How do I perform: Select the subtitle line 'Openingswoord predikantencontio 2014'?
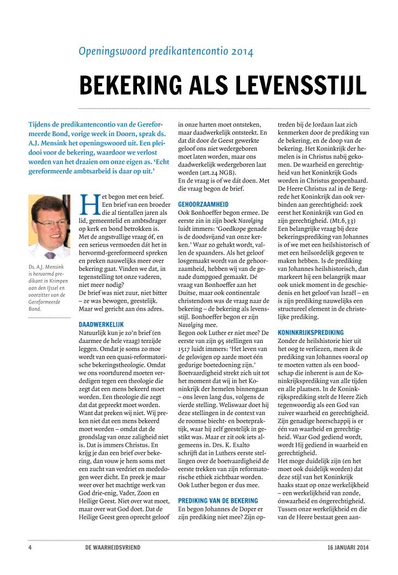tap(166, 52)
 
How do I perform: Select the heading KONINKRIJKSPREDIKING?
tap(310, 333)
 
